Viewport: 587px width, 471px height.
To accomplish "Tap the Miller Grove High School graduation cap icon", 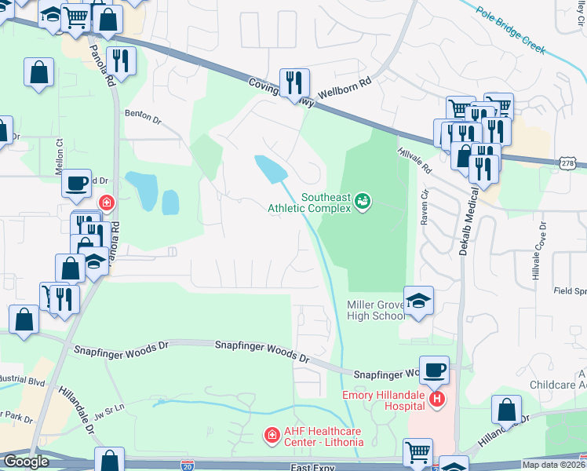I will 418,300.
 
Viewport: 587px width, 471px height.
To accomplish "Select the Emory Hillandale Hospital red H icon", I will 437,400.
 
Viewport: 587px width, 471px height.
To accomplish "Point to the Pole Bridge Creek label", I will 511,31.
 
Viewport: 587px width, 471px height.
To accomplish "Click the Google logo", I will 25,462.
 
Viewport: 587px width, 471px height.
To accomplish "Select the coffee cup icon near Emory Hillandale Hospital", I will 433,369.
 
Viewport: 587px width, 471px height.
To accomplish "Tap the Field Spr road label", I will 570,290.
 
